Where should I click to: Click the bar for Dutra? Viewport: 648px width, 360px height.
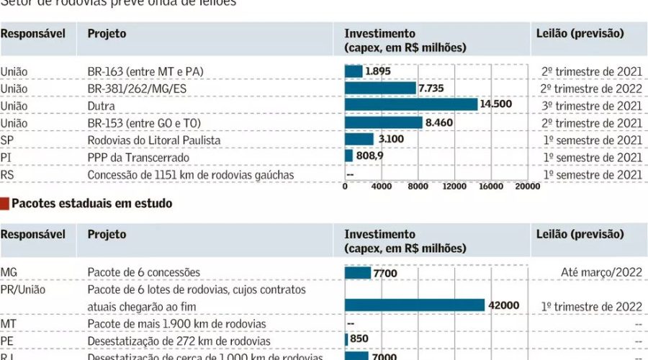point(411,105)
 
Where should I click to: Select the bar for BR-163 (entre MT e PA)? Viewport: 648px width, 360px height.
point(354,71)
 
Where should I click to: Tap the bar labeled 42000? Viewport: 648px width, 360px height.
point(415,305)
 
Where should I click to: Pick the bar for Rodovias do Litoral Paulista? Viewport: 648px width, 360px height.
point(359,140)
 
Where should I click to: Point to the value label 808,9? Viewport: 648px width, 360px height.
point(374,156)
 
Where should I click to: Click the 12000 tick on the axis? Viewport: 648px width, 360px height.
point(454,186)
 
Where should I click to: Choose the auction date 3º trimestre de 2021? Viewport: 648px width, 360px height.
point(592,106)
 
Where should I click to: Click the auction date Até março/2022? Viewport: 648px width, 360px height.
point(601,272)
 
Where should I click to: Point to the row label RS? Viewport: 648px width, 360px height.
point(7,174)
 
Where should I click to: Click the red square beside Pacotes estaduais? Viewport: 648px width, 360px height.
point(4,204)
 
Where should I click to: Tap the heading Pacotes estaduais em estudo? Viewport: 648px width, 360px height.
point(91,204)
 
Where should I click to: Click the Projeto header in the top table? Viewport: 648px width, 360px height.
point(107,34)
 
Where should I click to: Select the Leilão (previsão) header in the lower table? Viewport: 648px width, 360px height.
point(580,235)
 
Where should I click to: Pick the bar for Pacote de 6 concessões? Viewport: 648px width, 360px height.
point(358,273)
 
